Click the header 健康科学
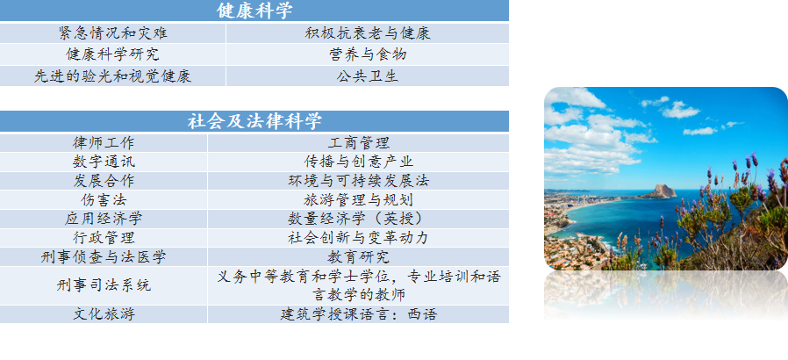[254, 11]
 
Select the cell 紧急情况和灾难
[112, 33]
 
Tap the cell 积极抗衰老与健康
[368, 33]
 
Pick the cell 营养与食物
[368, 54]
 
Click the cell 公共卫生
[368, 76]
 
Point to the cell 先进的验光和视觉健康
[112, 76]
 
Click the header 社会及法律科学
[254, 121]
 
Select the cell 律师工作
[104, 143]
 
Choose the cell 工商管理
[358, 143]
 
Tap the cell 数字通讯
[104, 162]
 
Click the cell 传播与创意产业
[358, 162]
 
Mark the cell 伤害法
[104, 199]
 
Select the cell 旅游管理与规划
[358, 199]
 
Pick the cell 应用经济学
[104, 219]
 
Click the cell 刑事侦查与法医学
[104, 257]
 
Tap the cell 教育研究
[358, 257]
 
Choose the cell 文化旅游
[104, 314]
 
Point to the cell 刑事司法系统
[104, 285]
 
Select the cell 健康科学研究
[112, 54]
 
